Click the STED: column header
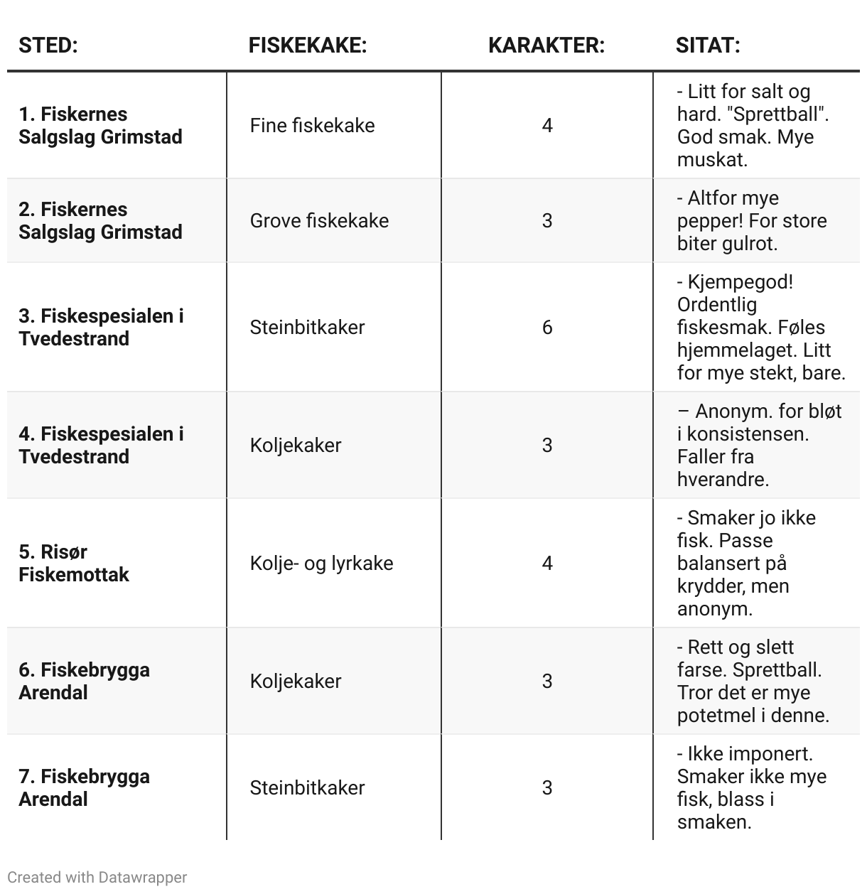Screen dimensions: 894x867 [48, 45]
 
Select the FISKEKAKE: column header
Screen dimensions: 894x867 [307, 45]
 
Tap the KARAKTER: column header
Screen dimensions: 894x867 [546, 45]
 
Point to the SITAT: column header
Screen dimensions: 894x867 [707, 45]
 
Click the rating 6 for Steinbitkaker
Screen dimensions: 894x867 [546, 327]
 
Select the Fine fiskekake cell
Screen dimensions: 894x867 [312, 126]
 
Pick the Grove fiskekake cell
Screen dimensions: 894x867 [319, 220]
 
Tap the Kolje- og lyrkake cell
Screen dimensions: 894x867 [321, 564]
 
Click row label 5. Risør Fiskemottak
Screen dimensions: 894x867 [74, 563]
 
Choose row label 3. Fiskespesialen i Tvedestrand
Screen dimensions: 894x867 [101, 327]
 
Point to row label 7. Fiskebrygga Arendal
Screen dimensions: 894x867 [84, 787]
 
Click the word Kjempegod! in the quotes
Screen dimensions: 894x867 [740, 282]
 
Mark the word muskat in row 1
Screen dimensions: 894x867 [711, 160]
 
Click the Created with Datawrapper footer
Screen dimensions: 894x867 [97, 878]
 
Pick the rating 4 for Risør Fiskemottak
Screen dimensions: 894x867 [546, 564]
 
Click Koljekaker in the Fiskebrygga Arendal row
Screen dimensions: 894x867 [296, 682]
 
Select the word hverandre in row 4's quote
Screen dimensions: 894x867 [722, 480]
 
